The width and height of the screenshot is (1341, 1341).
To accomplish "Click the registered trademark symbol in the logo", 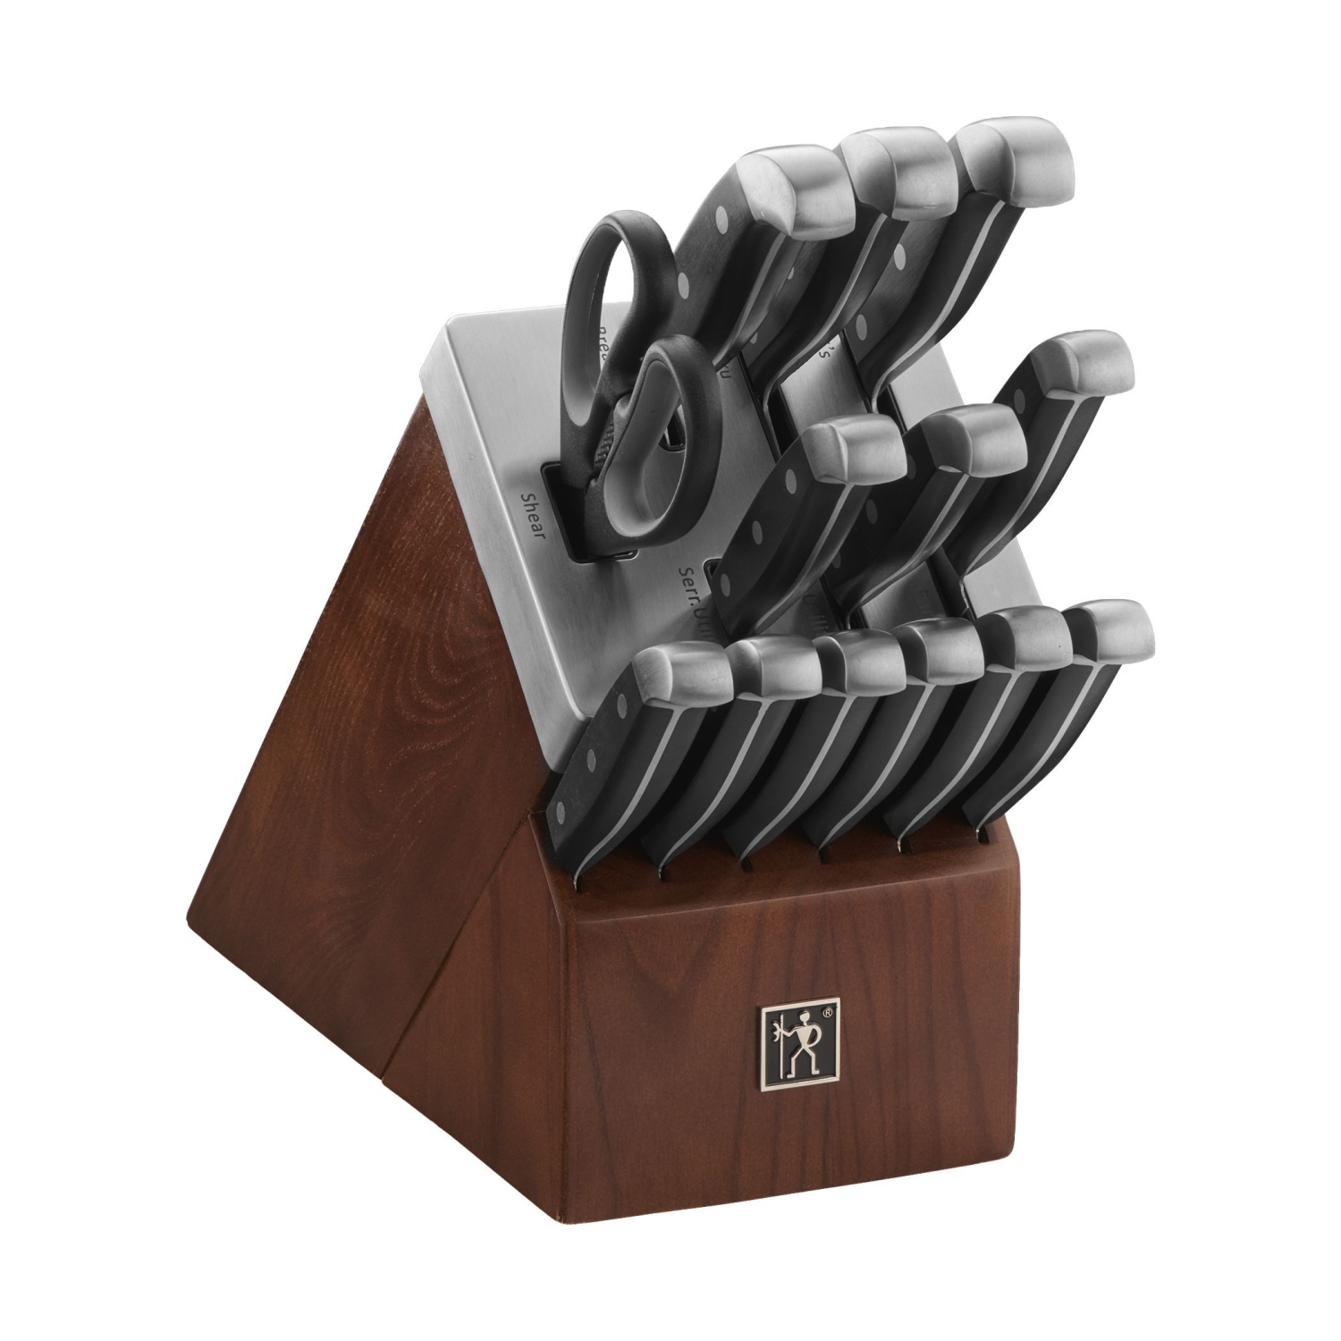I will [x=828, y=1012].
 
